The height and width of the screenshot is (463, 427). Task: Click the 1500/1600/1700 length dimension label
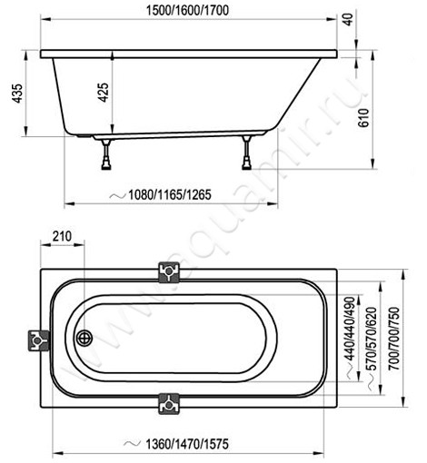click(x=187, y=11)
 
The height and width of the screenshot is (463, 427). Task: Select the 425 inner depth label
click(x=104, y=93)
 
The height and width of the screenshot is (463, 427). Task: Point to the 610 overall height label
click(x=363, y=118)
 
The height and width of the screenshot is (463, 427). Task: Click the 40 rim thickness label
click(x=349, y=19)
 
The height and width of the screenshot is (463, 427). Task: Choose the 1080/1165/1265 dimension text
click(x=170, y=194)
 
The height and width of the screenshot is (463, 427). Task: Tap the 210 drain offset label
click(x=62, y=236)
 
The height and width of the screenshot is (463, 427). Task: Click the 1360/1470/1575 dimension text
click(x=187, y=444)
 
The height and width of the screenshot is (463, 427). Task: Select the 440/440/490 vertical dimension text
click(x=350, y=329)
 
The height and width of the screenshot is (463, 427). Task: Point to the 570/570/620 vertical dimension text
click(x=372, y=339)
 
